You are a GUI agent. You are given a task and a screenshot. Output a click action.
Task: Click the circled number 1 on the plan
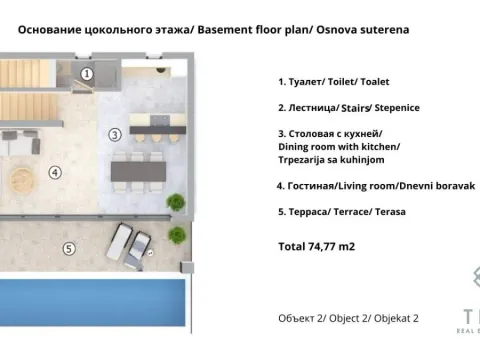(87, 73)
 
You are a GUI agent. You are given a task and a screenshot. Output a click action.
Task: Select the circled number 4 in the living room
(54, 171)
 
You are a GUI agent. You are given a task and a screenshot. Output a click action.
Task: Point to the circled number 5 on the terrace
(68, 249)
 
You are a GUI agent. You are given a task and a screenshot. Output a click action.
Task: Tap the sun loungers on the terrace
(132, 243)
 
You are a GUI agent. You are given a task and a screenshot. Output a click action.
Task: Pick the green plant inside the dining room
(177, 204)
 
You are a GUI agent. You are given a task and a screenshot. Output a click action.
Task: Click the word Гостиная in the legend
(311, 185)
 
